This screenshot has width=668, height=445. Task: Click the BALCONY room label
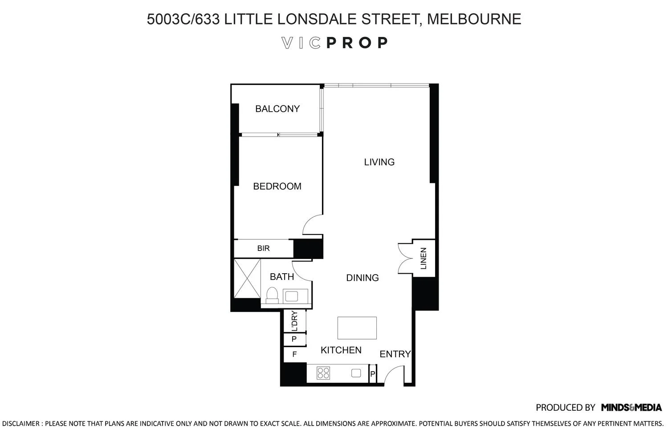click(277, 109)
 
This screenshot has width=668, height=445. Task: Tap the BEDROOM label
click(277, 186)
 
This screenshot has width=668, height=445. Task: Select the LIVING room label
click(379, 162)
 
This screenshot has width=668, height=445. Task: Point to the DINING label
click(362, 278)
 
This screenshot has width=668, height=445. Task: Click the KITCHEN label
click(341, 350)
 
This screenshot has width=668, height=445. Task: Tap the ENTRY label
click(395, 354)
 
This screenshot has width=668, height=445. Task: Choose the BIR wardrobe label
click(263, 248)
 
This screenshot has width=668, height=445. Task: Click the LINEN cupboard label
click(424, 259)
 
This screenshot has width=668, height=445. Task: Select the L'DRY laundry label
click(294, 321)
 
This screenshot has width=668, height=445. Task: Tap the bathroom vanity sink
click(293, 296)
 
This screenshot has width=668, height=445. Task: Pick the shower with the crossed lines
click(247, 278)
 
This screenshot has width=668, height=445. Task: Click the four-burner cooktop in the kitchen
click(323, 373)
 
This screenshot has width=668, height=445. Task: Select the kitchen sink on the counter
click(356, 373)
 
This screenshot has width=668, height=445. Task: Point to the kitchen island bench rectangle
click(357, 328)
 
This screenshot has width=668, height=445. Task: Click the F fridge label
click(294, 355)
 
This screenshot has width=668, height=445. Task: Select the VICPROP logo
click(335, 43)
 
